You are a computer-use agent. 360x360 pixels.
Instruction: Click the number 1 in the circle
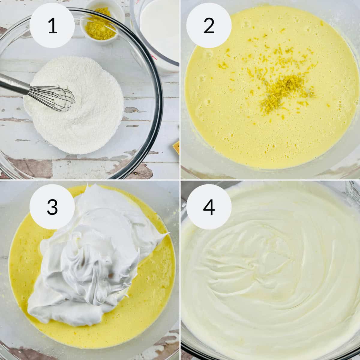tap(52, 25)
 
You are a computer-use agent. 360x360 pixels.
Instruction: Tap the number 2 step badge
tap(209, 25)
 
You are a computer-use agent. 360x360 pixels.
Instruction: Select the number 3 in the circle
tap(52, 207)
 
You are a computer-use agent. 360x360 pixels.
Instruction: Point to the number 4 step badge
tap(209, 207)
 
